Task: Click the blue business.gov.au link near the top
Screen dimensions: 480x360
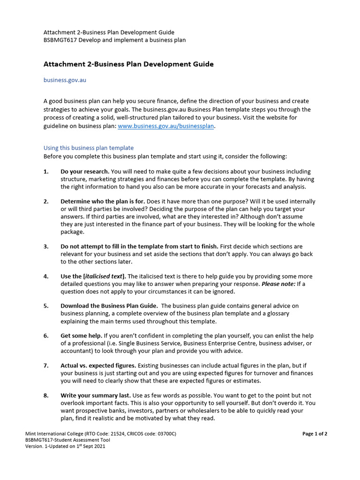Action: pos(65,80)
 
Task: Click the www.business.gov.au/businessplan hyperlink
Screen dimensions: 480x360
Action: pos(165,126)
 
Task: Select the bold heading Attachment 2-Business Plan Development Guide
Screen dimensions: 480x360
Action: pos(128,64)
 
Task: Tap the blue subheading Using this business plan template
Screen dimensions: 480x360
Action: pos(89,148)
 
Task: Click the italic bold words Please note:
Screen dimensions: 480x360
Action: pos(278,284)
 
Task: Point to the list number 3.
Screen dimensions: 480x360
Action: pos(46,247)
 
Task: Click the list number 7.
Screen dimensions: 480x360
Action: pos(46,366)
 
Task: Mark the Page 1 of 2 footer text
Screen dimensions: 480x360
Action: pos(315,434)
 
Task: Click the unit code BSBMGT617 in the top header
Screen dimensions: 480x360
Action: pos(58,40)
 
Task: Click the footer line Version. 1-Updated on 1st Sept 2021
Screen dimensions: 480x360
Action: pos(65,447)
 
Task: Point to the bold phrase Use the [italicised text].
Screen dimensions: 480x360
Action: pos(93,277)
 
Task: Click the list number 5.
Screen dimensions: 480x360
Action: pos(46,306)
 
